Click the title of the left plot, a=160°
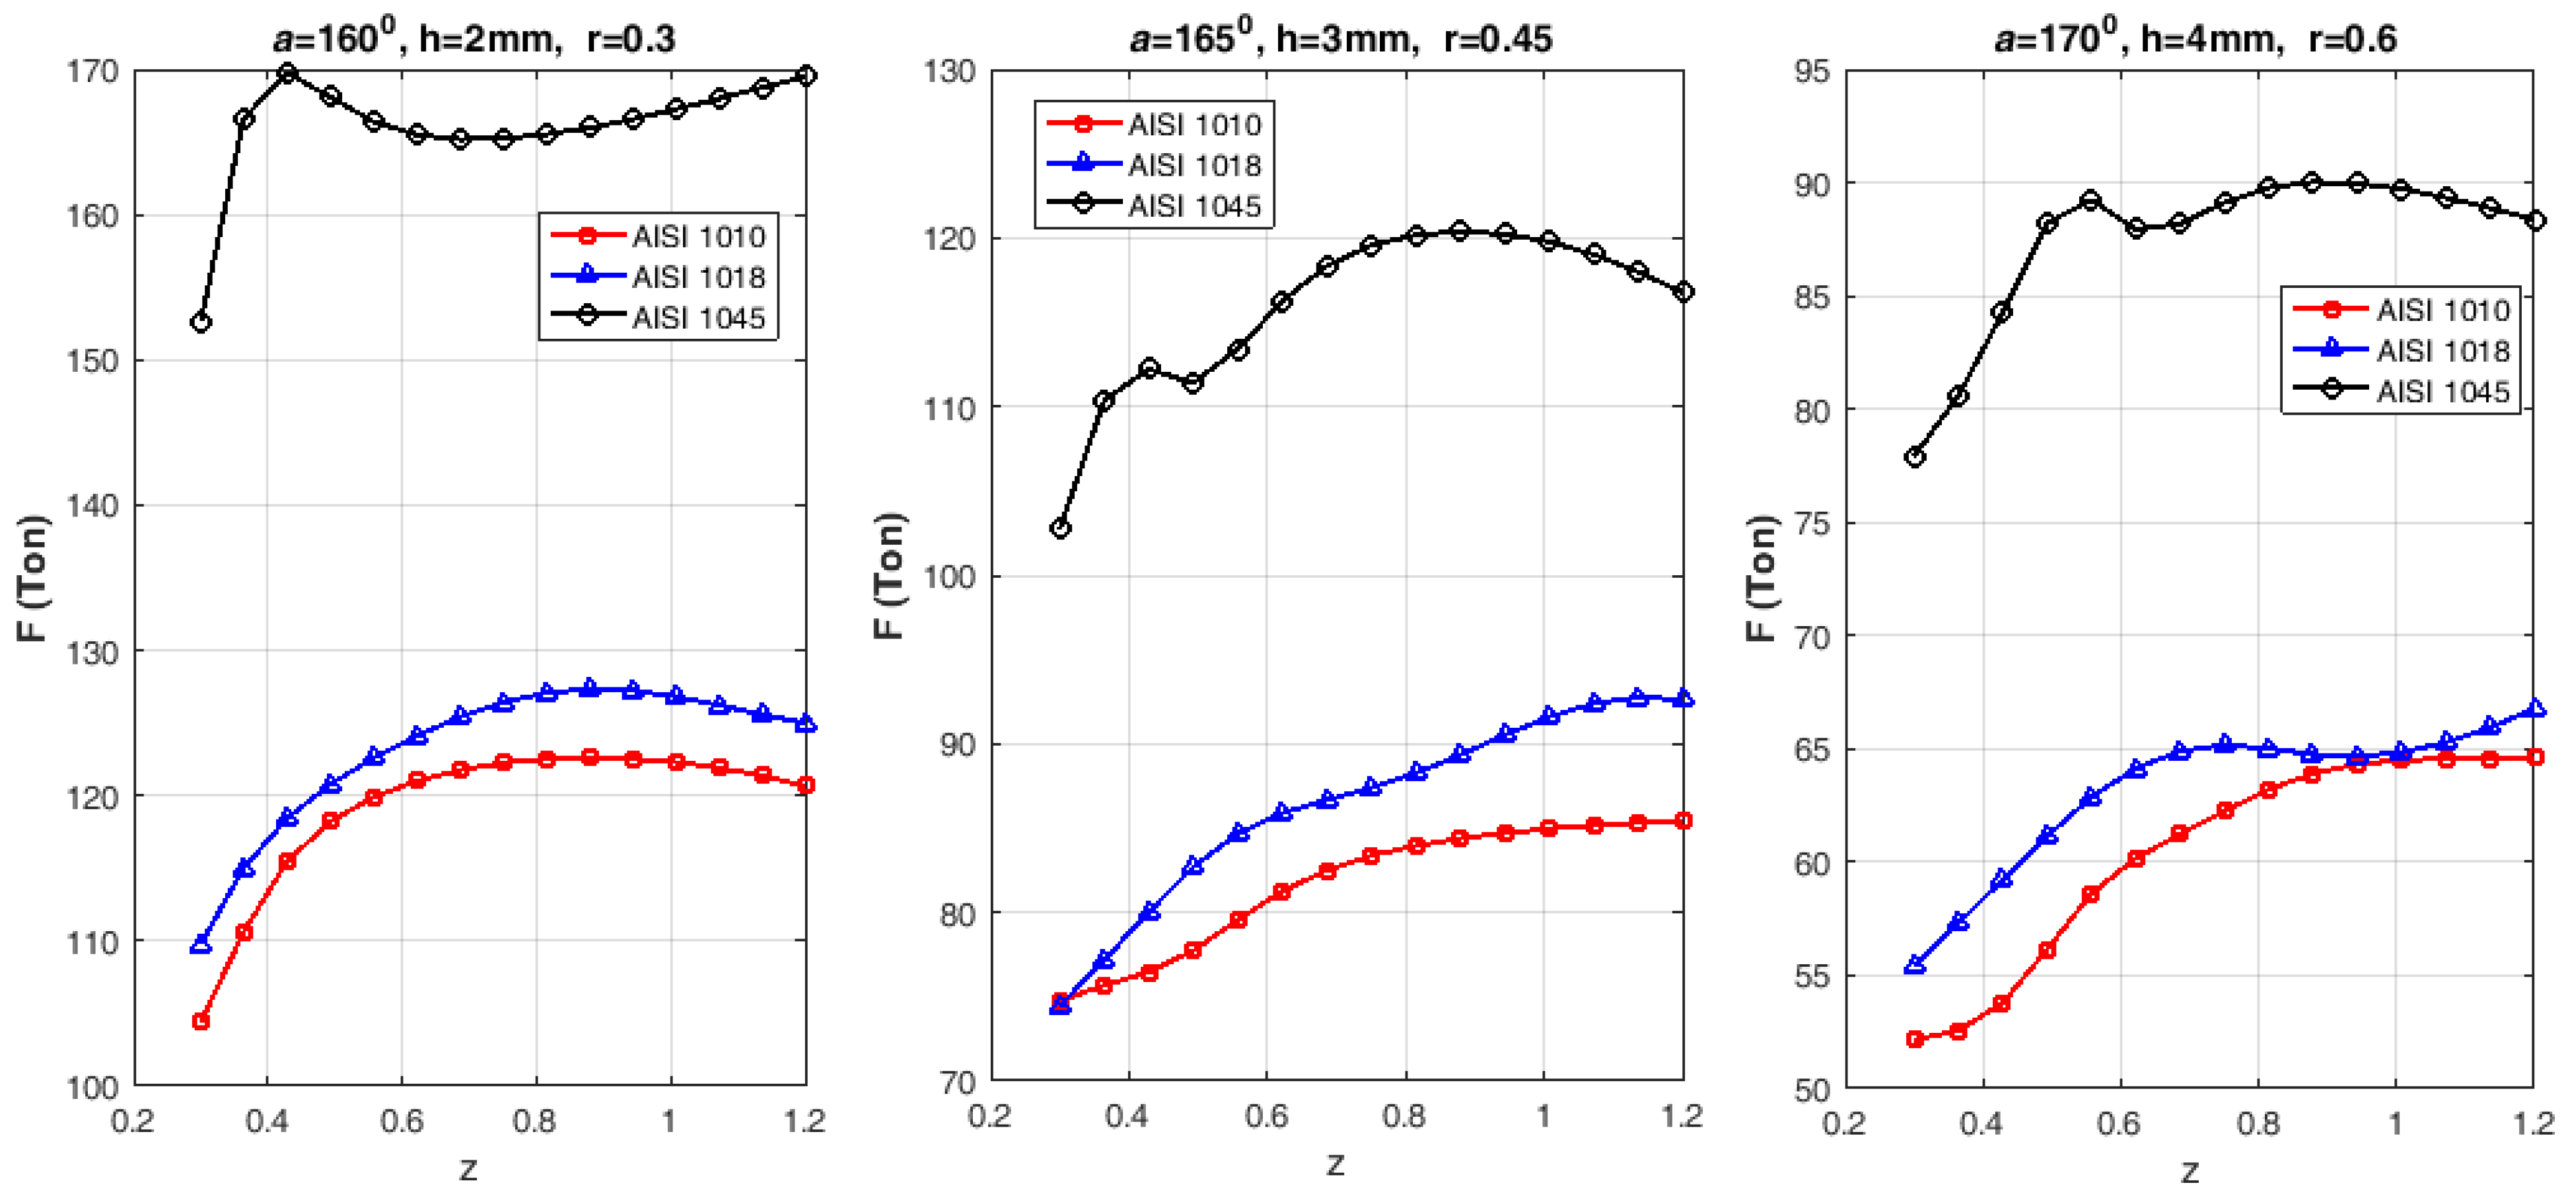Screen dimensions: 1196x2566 (x=473, y=38)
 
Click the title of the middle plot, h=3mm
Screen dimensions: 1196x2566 (x=1341, y=38)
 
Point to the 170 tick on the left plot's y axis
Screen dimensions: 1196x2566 (x=92, y=72)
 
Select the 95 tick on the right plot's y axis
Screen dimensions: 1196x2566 (x=1812, y=72)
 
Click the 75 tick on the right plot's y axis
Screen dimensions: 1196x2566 (x=1812, y=524)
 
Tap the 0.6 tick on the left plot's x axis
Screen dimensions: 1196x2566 (x=402, y=1121)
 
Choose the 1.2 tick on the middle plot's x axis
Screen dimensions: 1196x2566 (x=1682, y=1116)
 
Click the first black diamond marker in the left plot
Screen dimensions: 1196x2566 (x=200, y=323)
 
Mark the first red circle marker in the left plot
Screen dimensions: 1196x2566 (x=200, y=1021)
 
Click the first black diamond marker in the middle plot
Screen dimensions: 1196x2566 (x=1061, y=528)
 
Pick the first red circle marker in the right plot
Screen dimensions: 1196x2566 (x=1915, y=1039)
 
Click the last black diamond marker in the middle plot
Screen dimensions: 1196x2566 (x=1684, y=292)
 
